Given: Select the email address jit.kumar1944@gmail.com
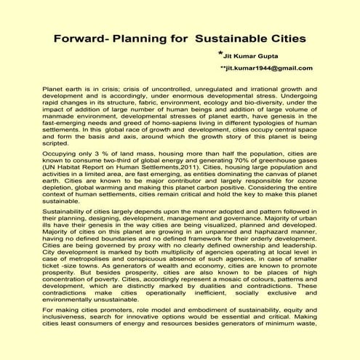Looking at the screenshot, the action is [268, 68].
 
